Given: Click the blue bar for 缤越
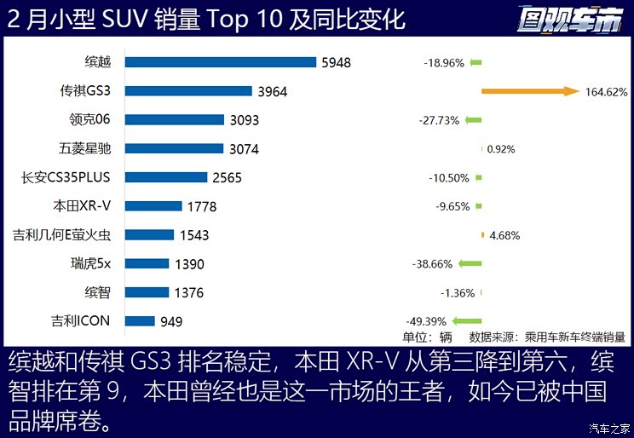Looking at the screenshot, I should coord(221,62).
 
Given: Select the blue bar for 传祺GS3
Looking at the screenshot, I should coord(188,91).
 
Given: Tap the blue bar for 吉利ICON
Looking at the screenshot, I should coord(140,321).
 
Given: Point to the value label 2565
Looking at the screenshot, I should coord(226,178).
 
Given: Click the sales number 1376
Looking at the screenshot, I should coord(188,293).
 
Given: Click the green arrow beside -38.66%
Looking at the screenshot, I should coord(470,264).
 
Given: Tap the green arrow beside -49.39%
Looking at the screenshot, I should coord(467,321).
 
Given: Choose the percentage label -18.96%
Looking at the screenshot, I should coord(444,63).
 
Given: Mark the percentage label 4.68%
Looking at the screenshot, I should coord(503,236).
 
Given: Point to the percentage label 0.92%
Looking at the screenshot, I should coord(501,149).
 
